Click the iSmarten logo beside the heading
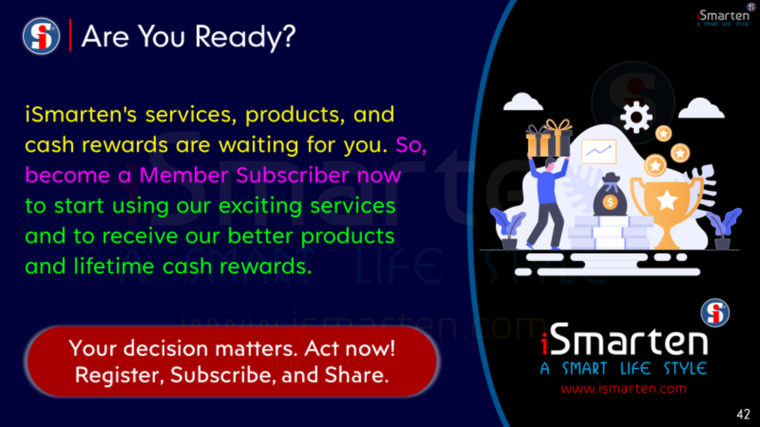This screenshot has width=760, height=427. click(41, 36)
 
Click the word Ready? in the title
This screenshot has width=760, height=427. click(245, 38)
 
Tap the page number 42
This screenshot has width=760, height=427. click(743, 414)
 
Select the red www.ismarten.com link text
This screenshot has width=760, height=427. click(624, 389)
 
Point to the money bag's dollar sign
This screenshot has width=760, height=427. click(610, 202)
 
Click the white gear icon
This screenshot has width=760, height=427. click(636, 117)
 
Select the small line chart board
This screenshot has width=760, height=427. click(599, 151)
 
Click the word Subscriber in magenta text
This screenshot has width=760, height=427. click(293, 175)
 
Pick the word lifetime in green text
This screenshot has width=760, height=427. click(114, 266)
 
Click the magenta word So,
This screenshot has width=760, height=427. click(411, 145)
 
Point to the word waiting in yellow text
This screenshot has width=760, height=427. click(258, 146)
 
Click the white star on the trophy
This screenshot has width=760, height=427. click(667, 200)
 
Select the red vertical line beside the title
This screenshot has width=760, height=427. click(70, 35)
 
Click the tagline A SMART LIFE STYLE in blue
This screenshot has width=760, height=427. click(624, 368)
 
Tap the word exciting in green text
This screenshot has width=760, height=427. click(260, 206)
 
